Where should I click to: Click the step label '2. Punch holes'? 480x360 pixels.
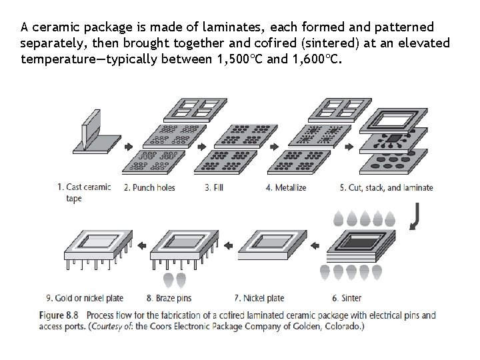pyautogui.click(x=149, y=188)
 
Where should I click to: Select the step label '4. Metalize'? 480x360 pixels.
pyautogui.click(x=286, y=188)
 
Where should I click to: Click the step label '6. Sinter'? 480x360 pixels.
pyautogui.click(x=347, y=298)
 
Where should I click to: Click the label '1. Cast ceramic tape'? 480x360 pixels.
pyautogui.click(x=84, y=193)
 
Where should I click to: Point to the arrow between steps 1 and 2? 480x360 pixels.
pyautogui.click(x=128, y=147)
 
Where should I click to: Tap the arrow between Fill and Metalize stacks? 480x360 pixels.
pyautogui.click(x=259, y=147)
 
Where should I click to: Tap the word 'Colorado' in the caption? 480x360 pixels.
pyautogui.click(x=340, y=327)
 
